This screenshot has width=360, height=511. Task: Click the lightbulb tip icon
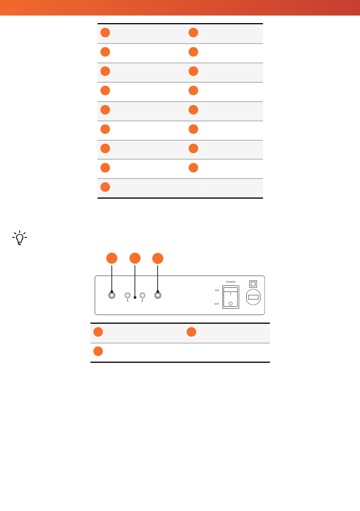pos(20,238)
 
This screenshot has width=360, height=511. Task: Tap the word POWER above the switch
pos(231,282)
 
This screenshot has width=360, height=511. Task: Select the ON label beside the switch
pos(217,290)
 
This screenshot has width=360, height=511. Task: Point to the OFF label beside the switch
pos(217,304)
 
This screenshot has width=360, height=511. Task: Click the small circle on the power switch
pos(230,304)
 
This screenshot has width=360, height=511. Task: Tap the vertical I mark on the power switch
pos(230,293)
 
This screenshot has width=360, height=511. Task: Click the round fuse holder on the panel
pos(253,297)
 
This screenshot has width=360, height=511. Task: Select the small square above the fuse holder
pos(253,284)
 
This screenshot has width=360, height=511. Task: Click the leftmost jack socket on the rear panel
pos(112,295)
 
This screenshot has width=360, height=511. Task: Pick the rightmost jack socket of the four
pos(158,295)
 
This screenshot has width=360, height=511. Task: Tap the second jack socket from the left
pos(127,295)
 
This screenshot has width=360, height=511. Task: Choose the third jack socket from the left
pos(142,295)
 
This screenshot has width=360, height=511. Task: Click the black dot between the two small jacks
pos(135,298)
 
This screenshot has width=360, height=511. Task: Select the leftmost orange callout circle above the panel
pos(112,258)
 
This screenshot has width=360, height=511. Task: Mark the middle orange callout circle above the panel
pos(135,258)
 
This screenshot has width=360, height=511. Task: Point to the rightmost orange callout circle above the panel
pos(158,259)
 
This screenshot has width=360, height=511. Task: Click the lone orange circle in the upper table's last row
pos(105,187)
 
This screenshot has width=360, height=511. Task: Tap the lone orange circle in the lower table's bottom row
pos(98,351)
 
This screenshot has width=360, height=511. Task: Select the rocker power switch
pos(231,297)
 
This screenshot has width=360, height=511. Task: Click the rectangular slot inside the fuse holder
pos(253,297)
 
